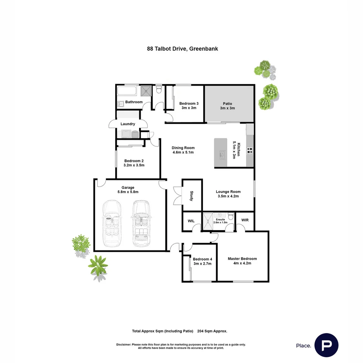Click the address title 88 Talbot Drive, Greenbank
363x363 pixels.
click(183, 48)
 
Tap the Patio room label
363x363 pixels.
click(227, 104)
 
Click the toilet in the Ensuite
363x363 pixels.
click(231, 215)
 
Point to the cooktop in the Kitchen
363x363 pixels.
click(249, 151)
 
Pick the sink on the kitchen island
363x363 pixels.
click(223, 155)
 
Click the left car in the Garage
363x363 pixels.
click(111, 224)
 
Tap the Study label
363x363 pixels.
click(192, 196)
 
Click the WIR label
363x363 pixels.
click(245, 220)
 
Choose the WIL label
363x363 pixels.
click(191, 221)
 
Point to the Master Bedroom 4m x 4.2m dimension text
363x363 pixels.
click(242, 263)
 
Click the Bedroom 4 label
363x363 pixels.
click(202, 259)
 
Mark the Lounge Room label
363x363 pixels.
click(228, 192)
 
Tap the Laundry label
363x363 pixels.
click(128, 124)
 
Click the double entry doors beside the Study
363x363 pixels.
click(177, 195)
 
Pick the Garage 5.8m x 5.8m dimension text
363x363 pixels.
click(128, 192)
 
